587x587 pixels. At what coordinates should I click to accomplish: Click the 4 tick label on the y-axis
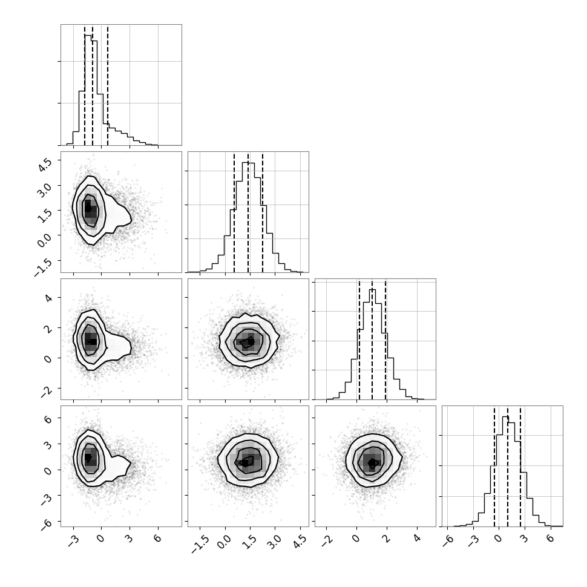pos(48,298)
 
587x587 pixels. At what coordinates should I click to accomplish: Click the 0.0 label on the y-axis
pos(45,240)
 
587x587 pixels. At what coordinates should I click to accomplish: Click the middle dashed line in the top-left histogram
pos(93,85)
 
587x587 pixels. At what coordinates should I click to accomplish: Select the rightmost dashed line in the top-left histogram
pos(108,85)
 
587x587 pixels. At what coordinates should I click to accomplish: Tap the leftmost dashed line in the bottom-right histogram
pos(494,467)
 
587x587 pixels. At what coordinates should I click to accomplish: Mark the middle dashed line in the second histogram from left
pos(248,212)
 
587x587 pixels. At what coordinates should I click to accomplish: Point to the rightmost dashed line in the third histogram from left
pos(385,340)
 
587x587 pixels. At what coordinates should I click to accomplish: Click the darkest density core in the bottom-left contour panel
pos(88,458)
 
